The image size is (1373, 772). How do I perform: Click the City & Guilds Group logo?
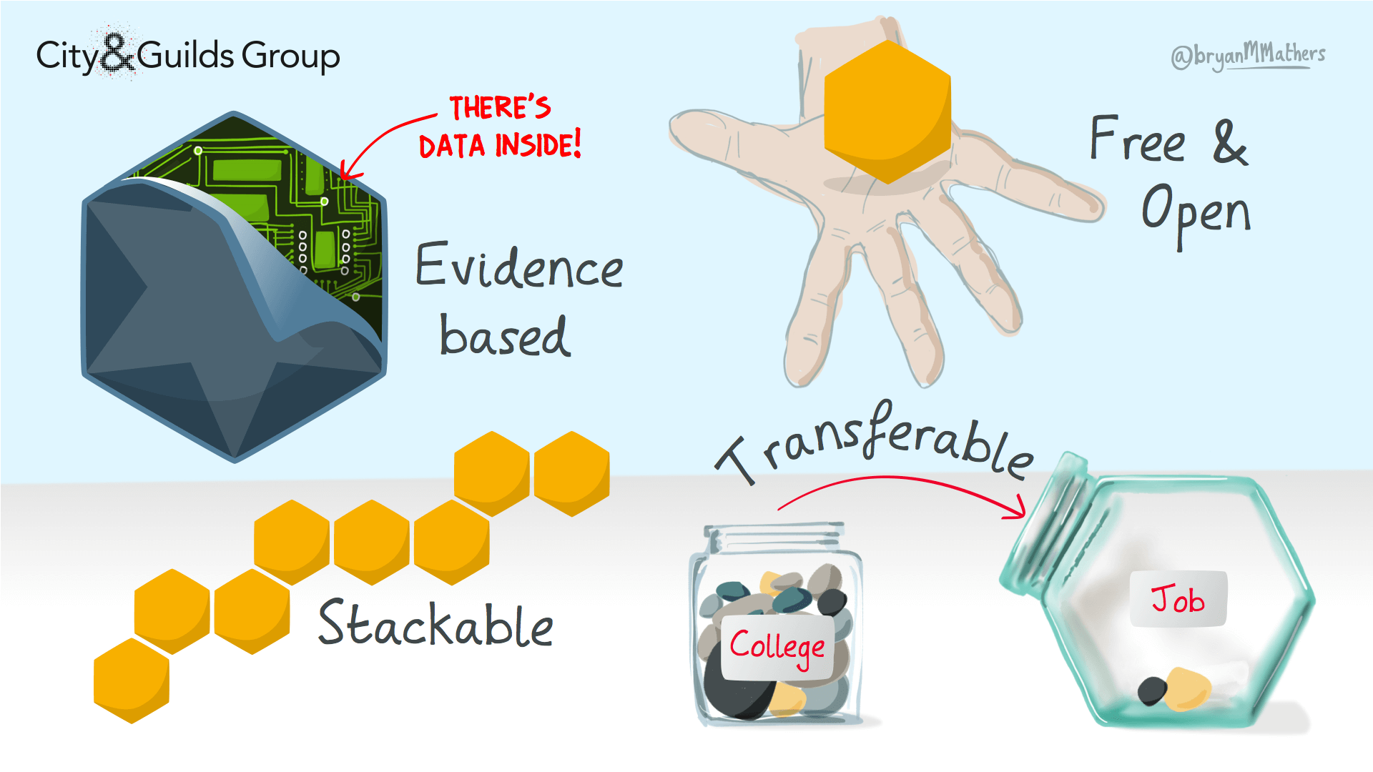coord(187,54)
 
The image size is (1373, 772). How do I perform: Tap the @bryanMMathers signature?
coord(1248,55)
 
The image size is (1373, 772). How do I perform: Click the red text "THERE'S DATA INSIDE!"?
coord(500,127)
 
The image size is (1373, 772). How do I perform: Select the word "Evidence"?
coord(519,266)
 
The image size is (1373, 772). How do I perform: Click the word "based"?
coord(505,335)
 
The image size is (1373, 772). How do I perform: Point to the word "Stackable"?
coord(435,623)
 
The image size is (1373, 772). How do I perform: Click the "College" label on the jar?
coord(777,648)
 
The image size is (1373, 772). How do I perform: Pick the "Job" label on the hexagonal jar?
coord(1178,599)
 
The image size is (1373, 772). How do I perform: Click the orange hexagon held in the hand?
coord(887,112)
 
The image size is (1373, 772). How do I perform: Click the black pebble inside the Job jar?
coord(1152,691)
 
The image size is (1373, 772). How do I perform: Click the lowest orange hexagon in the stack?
coord(132,681)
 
